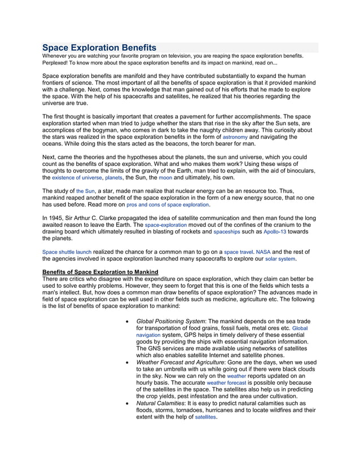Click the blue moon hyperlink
point(165,178)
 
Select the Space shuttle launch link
point(67,252)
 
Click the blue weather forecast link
point(226,383)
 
